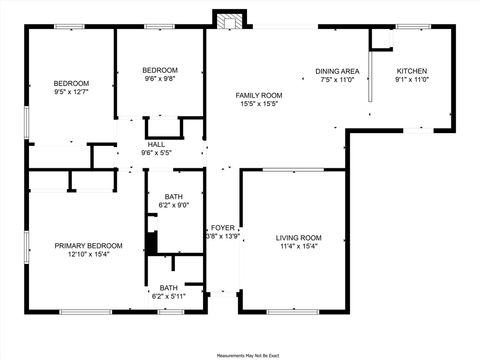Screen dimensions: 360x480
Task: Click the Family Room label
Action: (259, 95)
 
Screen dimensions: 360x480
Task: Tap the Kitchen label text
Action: (412, 71)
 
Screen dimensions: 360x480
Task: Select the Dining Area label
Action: (337, 71)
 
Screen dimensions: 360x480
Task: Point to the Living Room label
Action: (299, 237)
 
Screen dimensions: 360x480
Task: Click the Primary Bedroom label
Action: (89, 245)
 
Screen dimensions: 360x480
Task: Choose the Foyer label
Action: (223, 228)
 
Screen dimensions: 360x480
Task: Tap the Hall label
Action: (157, 144)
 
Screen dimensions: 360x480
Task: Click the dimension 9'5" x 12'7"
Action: (71, 91)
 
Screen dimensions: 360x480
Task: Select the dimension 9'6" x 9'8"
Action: (160, 78)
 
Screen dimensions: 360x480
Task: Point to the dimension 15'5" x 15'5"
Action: (259, 104)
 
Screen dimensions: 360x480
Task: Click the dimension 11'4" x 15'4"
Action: (299, 246)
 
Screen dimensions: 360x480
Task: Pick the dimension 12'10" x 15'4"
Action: (89, 254)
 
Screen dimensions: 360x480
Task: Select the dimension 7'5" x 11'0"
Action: (337, 80)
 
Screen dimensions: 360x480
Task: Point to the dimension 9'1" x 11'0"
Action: (412, 80)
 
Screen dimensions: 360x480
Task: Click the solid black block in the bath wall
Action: (152, 243)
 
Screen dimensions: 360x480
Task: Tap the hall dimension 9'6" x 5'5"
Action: (157, 153)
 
